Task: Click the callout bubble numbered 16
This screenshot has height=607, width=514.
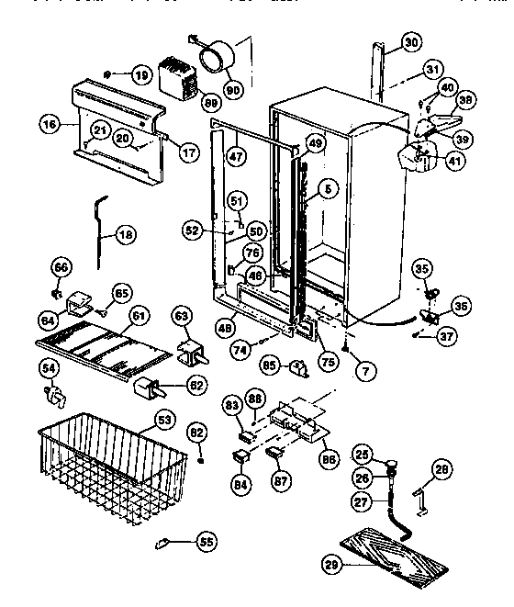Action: [48, 120]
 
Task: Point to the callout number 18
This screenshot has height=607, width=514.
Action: [126, 234]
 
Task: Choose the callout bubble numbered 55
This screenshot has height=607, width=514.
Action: [207, 543]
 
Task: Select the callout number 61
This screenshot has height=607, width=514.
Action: [139, 315]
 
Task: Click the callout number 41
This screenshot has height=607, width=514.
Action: [456, 161]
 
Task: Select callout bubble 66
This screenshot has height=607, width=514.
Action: [61, 267]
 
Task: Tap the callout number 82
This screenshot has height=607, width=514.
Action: [198, 431]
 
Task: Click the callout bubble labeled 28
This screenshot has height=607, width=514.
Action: [442, 469]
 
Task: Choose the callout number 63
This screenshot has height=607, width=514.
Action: [183, 317]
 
